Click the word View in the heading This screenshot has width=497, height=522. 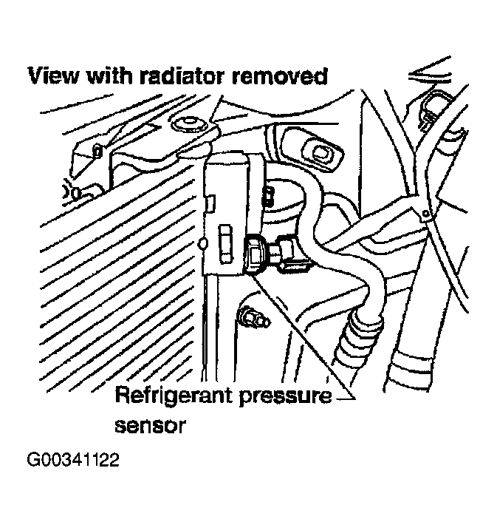(54, 76)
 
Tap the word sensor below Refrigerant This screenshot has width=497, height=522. (150, 425)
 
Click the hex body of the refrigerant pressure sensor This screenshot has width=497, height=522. (254, 255)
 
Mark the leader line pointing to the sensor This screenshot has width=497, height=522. (302, 334)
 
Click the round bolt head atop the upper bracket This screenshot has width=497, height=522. (188, 126)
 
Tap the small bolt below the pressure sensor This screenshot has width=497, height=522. (253, 318)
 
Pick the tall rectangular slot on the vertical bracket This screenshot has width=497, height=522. (225, 244)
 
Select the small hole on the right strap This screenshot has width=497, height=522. (425, 213)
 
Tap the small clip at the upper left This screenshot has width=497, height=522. (97, 151)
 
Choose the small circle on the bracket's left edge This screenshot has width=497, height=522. (202, 244)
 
